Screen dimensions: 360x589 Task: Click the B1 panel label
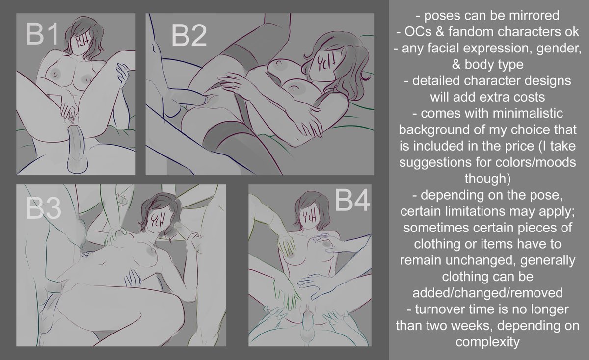click(x=43, y=35)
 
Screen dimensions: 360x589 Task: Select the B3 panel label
click(x=44, y=208)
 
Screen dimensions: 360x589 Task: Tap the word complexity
click(x=488, y=342)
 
